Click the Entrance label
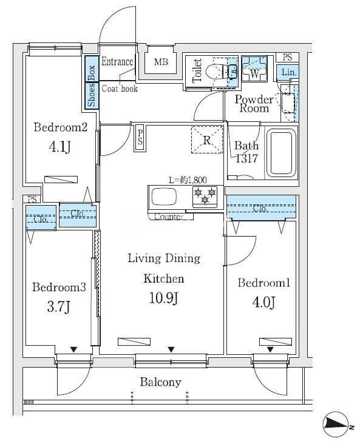(x=117, y=61)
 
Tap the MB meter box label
(x=161, y=62)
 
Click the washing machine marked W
(x=254, y=69)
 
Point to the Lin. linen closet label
(x=288, y=73)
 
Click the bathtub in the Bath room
(x=281, y=153)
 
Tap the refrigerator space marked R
(x=207, y=140)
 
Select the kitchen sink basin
(x=165, y=197)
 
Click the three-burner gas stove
(x=205, y=196)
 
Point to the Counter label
(x=169, y=217)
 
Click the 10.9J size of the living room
(x=164, y=298)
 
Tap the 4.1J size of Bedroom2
(x=60, y=147)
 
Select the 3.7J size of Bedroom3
(x=59, y=307)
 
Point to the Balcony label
(x=160, y=382)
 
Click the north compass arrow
(x=338, y=423)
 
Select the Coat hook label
(x=120, y=89)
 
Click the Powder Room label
(x=254, y=104)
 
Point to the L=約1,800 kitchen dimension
(x=188, y=180)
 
